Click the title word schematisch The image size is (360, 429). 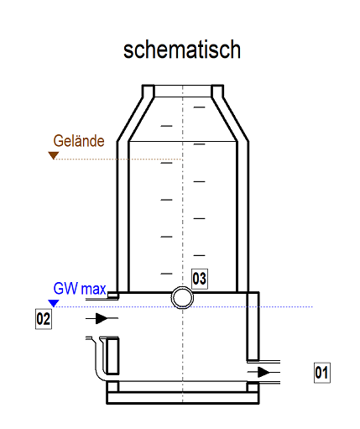pos(182,50)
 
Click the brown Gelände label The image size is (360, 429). pos(79,141)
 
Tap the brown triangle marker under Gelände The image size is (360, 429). pos(54,155)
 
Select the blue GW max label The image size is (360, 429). pos(80,289)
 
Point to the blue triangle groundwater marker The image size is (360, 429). pos(54,303)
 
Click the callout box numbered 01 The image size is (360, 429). pos(322,373)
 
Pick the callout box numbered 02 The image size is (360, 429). pos(44,319)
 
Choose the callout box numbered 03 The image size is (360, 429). pos(200,279)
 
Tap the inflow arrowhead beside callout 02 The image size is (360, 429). pos(102,318)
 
